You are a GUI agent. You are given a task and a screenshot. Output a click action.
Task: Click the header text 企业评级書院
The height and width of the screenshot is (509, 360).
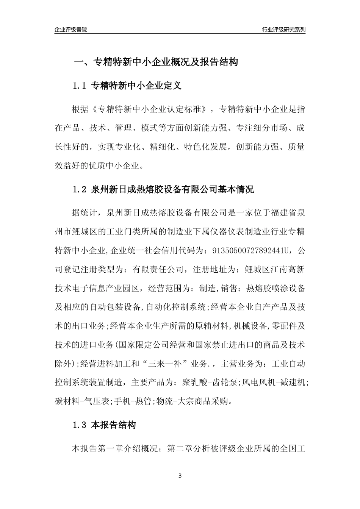(x=71, y=30)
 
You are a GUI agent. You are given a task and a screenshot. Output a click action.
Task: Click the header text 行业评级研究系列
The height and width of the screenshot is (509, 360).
(x=283, y=30)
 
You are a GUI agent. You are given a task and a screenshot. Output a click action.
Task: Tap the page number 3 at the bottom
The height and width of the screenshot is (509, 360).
(x=180, y=475)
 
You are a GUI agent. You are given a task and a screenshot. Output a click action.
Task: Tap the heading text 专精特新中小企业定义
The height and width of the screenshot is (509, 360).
(x=136, y=86)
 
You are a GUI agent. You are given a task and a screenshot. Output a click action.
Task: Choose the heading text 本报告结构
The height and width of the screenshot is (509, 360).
(x=114, y=425)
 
